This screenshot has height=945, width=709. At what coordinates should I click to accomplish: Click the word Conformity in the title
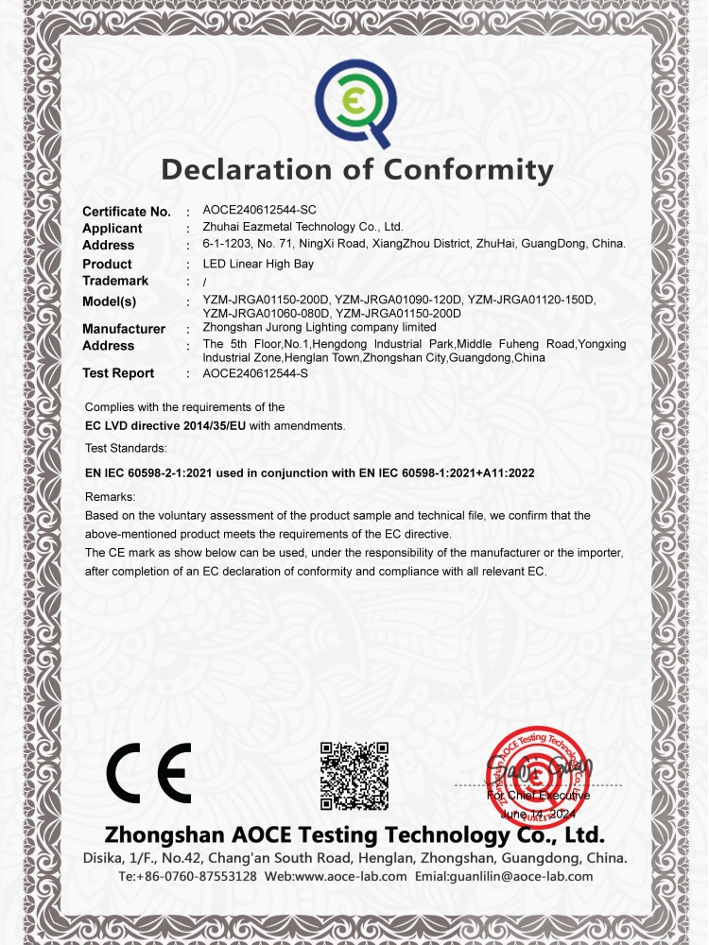pyautogui.click(x=467, y=170)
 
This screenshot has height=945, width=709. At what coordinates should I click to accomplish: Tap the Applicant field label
pyautogui.click(x=112, y=229)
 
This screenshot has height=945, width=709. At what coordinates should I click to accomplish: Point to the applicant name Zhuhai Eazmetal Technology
pyautogui.click(x=303, y=227)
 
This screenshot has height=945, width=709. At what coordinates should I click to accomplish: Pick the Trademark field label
pyautogui.click(x=115, y=281)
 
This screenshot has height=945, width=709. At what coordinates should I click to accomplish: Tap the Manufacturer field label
pyautogui.click(x=124, y=329)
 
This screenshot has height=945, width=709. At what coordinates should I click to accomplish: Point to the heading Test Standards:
pyautogui.click(x=126, y=447)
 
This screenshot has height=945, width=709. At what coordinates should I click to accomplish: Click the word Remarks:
pyautogui.click(x=111, y=496)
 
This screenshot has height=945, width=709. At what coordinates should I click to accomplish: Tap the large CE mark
pyautogui.click(x=148, y=773)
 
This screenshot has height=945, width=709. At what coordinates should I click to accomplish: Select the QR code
pyautogui.click(x=354, y=776)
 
